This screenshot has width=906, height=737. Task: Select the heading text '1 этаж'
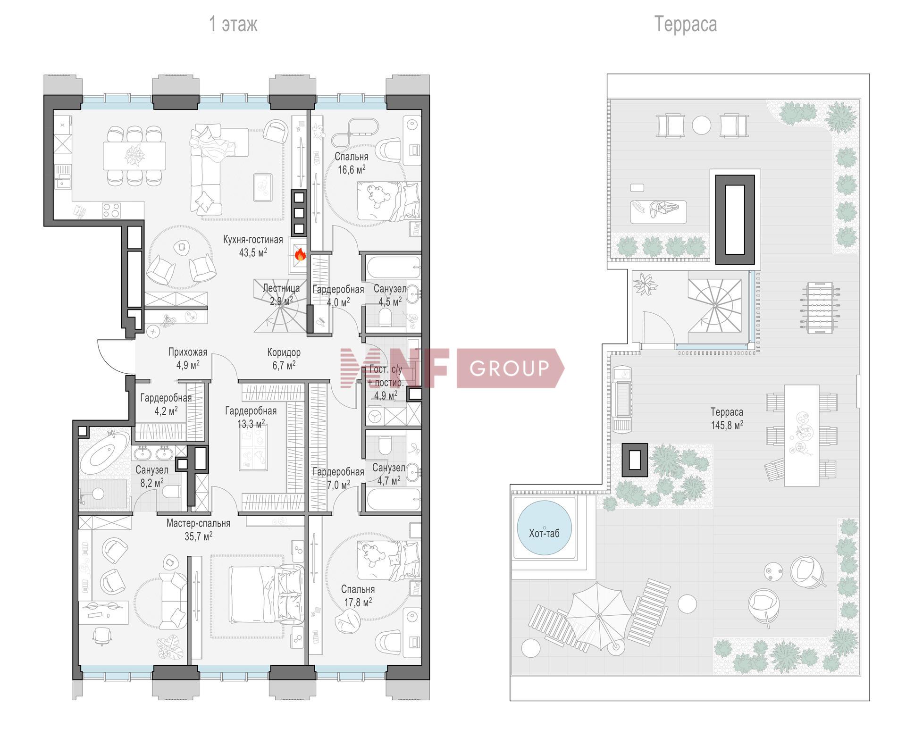pyautogui.click(x=233, y=24)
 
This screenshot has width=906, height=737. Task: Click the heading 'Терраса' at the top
pyautogui.click(x=685, y=24)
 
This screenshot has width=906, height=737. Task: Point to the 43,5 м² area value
pyautogui.click(x=253, y=252)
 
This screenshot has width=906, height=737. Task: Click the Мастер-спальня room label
pyautogui.click(x=198, y=523)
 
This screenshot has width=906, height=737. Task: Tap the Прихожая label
pyautogui.click(x=188, y=352)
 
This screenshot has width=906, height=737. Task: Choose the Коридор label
pyautogui.click(x=284, y=352)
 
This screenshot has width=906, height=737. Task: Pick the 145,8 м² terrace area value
pyautogui.click(x=727, y=425)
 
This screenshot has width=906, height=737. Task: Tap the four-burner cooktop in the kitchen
pyautogui.click(x=111, y=210)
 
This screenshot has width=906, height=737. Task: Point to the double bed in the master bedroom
pyautogui.click(x=267, y=595)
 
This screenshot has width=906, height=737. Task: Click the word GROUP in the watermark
pyautogui.click(x=510, y=368)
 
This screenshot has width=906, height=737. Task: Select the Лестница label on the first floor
pyautogui.click(x=281, y=288)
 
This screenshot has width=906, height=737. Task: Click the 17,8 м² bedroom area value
pyautogui.click(x=358, y=602)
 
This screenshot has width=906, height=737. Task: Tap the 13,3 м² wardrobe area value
pyautogui.click(x=251, y=424)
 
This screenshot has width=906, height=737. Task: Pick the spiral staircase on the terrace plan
pyautogui.click(x=714, y=306)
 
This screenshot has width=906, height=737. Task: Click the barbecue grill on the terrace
pyautogui.click(x=622, y=399)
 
